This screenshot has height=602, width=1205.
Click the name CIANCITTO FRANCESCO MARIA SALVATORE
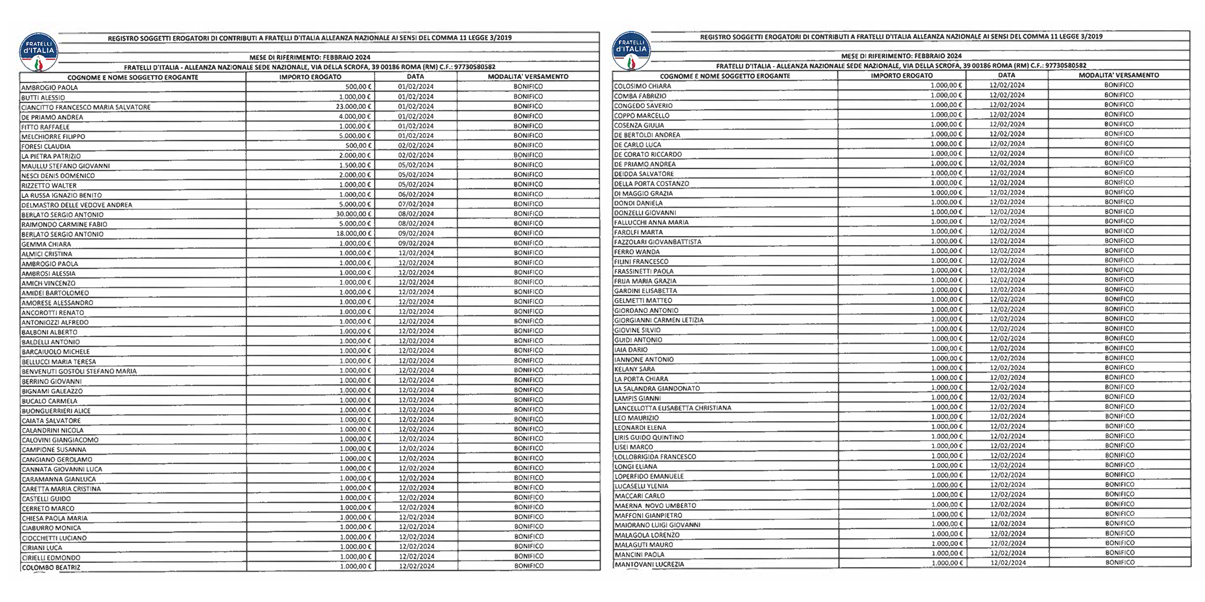point(86,107)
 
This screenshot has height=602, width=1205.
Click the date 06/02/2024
point(416,194)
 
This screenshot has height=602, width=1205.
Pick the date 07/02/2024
point(416,204)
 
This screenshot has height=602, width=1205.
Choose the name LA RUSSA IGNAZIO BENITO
point(61,195)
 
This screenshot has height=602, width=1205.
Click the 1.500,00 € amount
point(355,165)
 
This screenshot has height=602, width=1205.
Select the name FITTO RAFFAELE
point(45,127)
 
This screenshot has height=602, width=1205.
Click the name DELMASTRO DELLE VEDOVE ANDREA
point(77,205)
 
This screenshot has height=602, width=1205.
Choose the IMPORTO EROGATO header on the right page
point(901,76)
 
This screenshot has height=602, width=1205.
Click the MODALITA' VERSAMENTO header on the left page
point(528,77)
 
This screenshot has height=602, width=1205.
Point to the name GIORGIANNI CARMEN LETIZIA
point(659,320)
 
